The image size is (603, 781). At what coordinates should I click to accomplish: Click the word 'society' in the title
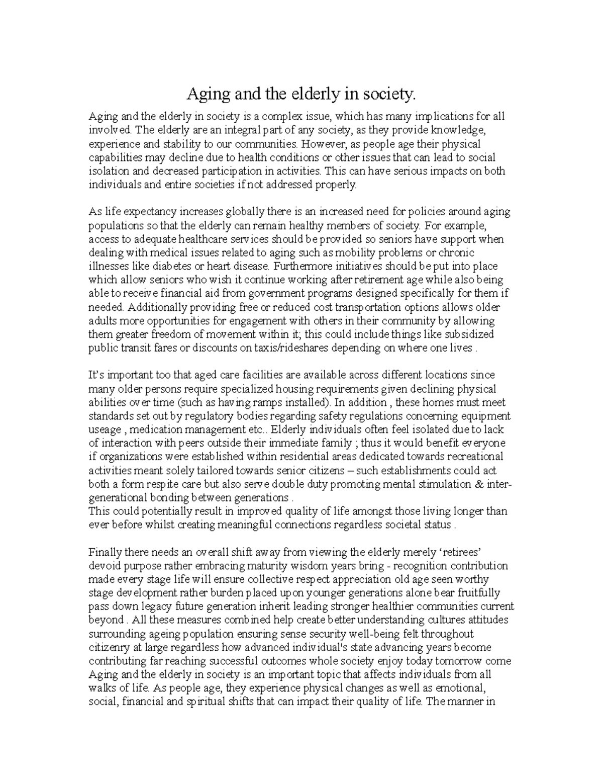tap(387, 94)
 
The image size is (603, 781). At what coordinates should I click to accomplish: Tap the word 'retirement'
tap(376, 280)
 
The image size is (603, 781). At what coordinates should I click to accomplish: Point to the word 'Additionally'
tap(156, 307)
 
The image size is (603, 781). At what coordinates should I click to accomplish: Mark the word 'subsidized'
tap(469, 334)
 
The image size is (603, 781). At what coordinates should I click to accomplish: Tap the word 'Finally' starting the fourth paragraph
tap(104, 552)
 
